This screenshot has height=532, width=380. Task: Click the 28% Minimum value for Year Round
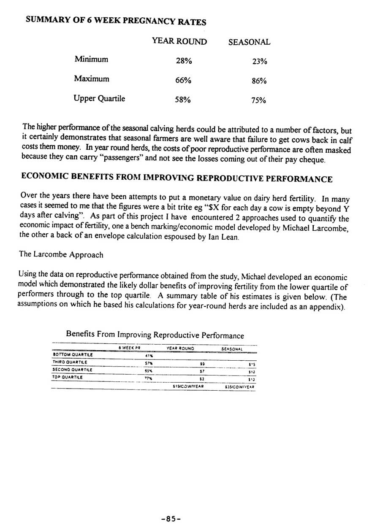coord(184,61)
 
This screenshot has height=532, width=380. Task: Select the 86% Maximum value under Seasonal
coord(259,81)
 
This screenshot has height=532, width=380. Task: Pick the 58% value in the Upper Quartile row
coord(183,100)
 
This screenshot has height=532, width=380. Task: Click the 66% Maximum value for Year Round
coord(183,81)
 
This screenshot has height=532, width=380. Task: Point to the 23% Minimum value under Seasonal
coord(259,62)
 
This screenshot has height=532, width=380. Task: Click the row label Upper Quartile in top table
coord(99,99)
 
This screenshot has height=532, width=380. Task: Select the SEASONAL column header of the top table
coord(249,42)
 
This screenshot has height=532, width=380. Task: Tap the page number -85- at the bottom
coord(171,519)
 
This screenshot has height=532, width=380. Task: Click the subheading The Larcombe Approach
coord(61,255)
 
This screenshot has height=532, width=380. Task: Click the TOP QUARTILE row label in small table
coord(67,377)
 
